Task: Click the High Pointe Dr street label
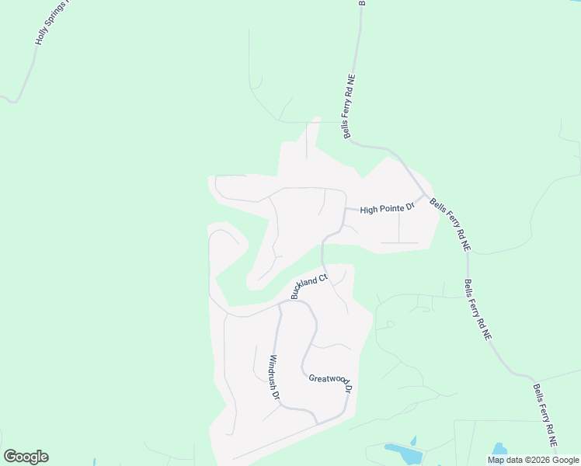[x=388, y=209]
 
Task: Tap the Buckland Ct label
[x=310, y=285]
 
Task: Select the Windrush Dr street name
[x=274, y=377]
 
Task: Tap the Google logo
[x=26, y=457]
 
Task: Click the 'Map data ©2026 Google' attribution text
[x=534, y=460]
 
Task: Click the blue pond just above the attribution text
[x=499, y=449]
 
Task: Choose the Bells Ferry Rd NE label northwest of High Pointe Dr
[x=350, y=107]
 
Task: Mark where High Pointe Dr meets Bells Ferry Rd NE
[x=425, y=196]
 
